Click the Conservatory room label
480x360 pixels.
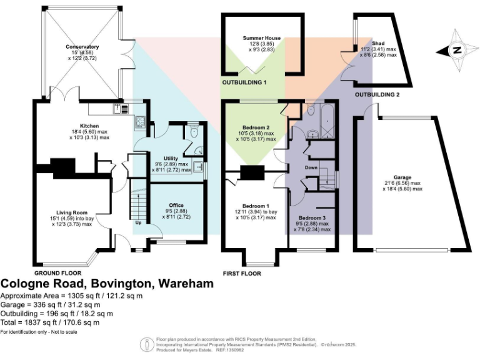[x=83, y=47]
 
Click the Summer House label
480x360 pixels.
[x=262, y=38]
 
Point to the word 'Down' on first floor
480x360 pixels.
[x=312, y=168]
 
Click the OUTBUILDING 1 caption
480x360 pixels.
[x=244, y=82]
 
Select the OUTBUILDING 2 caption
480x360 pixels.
[x=377, y=94]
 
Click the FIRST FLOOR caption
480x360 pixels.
[x=242, y=273]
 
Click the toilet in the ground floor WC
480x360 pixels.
[x=194, y=132]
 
